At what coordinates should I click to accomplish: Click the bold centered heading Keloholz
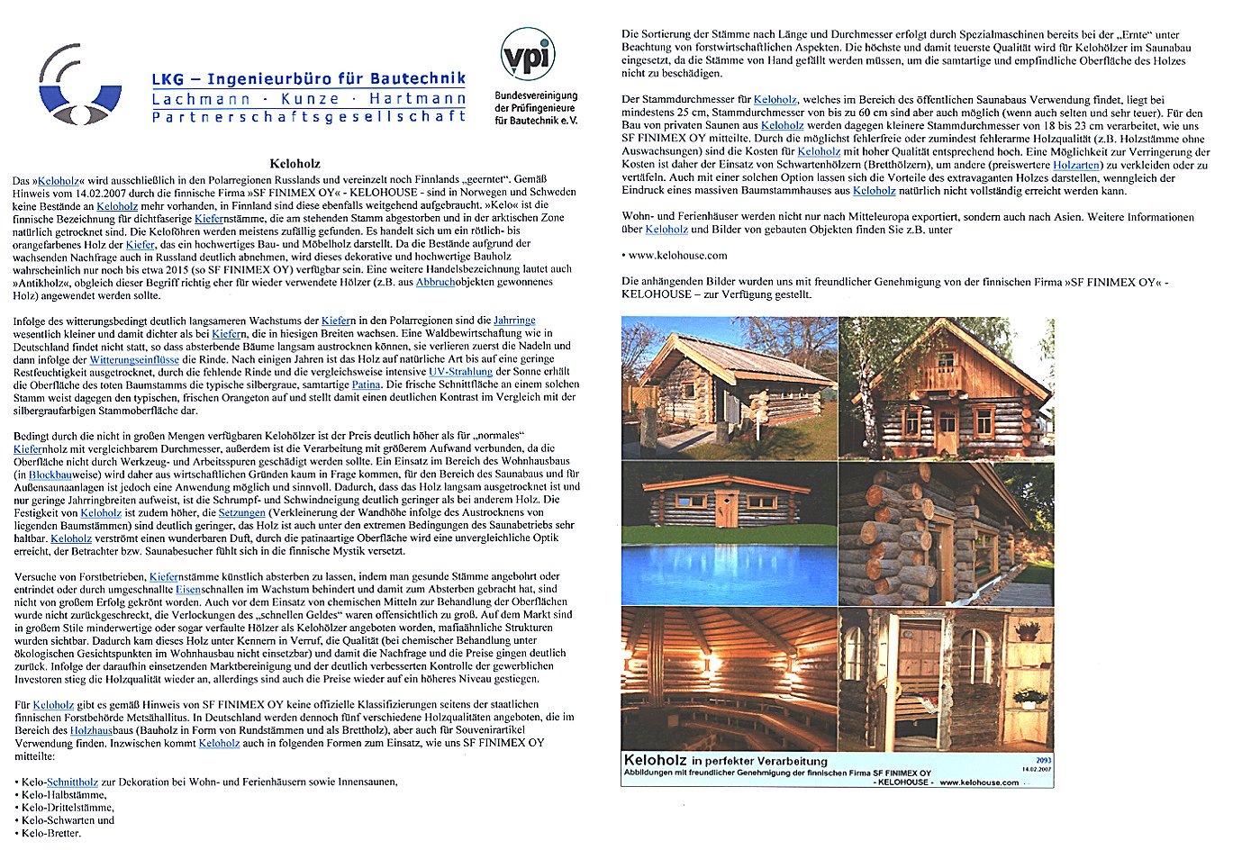pyautogui.click(x=295, y=165)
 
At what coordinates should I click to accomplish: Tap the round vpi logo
pyautogui.click(x=527, y=54)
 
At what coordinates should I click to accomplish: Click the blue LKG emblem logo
pyautogui.click(x=79, y=86)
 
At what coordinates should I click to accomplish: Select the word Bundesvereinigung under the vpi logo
pyautogui.click(x=536, y=95)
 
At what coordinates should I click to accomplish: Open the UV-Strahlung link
pyautogui.click(x=460, y=372)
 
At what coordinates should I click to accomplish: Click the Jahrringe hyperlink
pyautogui.click(x=514, y=321)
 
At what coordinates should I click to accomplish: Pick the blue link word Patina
pyautogui.click(x=366, y=384)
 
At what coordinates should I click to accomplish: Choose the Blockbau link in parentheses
pyautogui.click(x=50, y=475)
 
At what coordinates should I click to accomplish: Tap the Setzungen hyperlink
pyautogui.click(x=241, y=512)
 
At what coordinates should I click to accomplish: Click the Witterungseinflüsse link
pyautogui.click(x=134, y=359)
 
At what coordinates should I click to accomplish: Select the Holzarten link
pyautogui.click(x=1076, y=166)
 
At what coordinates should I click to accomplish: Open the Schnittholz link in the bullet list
pyautogui.click(x=72, y=782)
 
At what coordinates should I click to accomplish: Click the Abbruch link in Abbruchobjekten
pyautogui.click(x=435, y=282)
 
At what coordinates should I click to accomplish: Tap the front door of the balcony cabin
pyautogui.click(x=946, y=431)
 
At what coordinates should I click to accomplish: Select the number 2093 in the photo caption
pyautogui.click(x=1043, y=761)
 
